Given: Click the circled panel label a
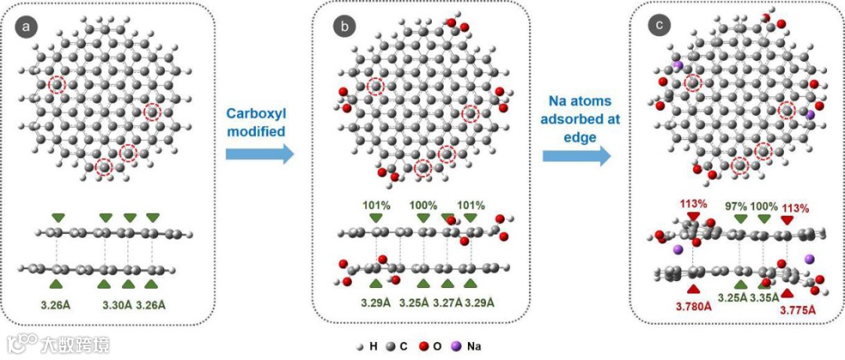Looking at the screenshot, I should [27, 27].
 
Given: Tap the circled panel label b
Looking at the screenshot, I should [343, 27].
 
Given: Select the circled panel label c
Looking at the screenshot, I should [660, 27].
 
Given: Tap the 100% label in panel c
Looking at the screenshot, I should [764, 206].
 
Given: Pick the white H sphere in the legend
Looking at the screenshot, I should [361, 345].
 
